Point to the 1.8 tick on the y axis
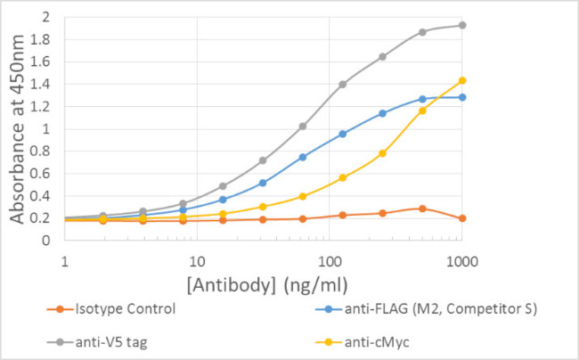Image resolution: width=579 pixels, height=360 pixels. point(44,39)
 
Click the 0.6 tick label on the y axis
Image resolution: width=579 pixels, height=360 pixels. point(44,174)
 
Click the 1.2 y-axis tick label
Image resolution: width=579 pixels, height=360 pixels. point(44,107)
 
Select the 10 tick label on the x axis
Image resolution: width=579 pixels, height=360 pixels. point(198,263)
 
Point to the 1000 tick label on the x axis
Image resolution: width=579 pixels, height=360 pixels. point(460,263)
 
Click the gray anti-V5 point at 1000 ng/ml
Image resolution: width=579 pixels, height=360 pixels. point(461,25)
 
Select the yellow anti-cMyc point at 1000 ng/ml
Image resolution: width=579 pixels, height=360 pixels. point(461,80)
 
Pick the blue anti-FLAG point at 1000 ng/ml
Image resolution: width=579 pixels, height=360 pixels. point(461,97)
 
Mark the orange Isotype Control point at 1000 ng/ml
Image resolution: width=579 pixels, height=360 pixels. point(461,218)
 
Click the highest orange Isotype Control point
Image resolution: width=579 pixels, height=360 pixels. point(422,209)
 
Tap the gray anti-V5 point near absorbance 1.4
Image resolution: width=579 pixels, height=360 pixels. point(343,85)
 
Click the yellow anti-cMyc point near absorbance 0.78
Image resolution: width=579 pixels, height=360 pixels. point(382,153)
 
